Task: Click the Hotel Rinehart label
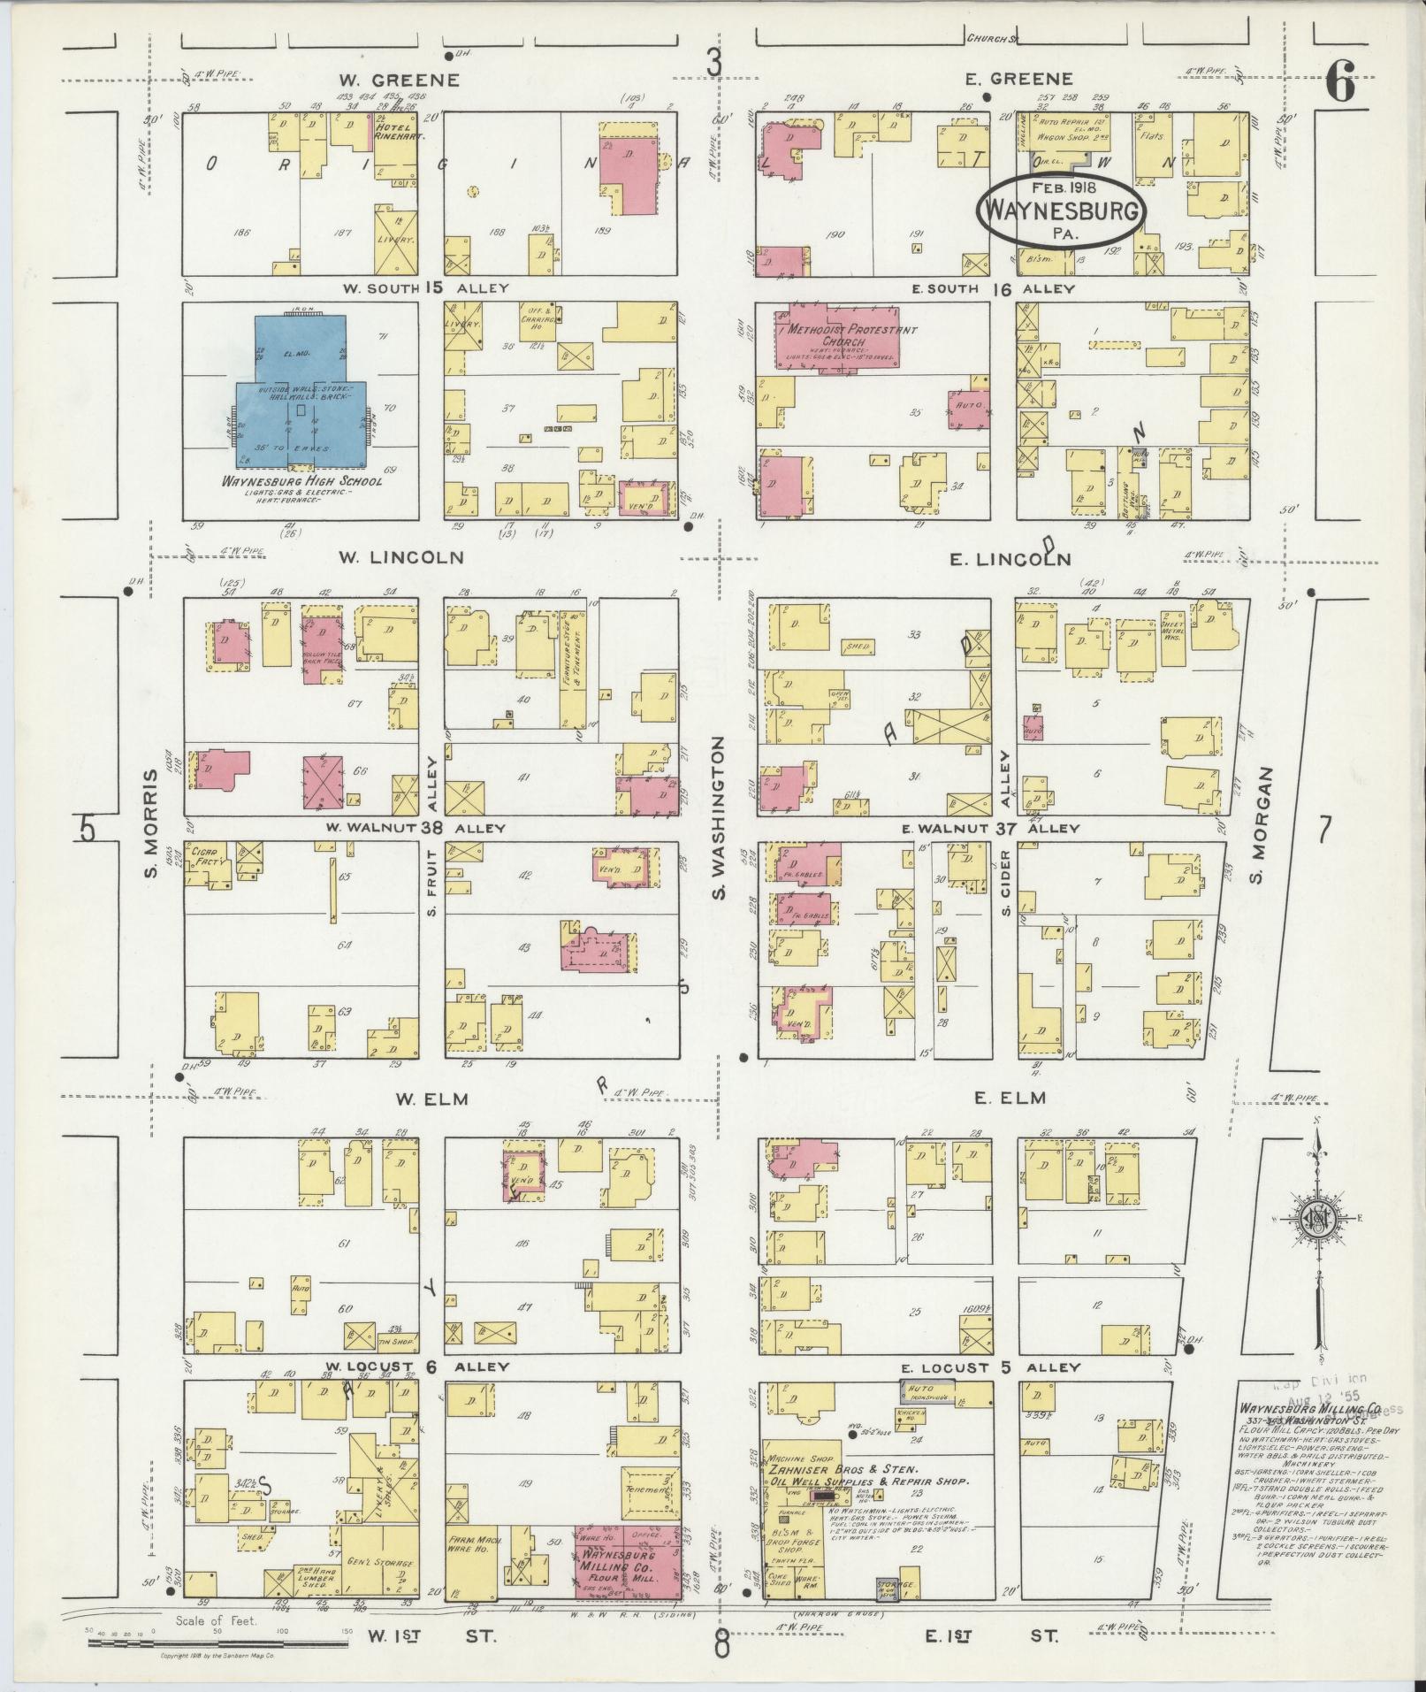(x=395, y=133)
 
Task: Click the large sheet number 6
(x=1340, y=85)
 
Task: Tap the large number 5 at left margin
(x=87, y=829)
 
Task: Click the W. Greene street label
(x=399, y=80)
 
